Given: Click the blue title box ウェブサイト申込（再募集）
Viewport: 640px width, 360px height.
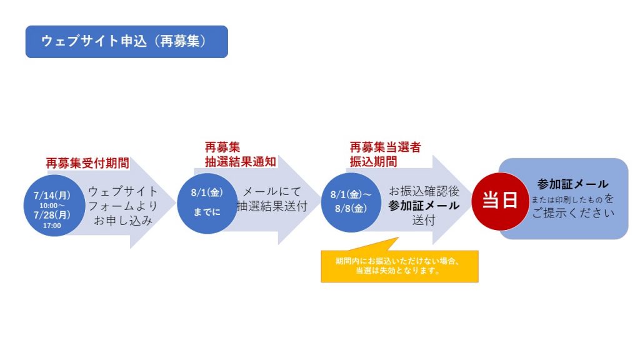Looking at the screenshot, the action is click(x=126, y=42).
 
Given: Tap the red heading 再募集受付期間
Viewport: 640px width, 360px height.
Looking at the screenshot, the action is click(x=87, y=163).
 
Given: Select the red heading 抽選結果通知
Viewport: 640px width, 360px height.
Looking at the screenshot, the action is click(x=241, y=162).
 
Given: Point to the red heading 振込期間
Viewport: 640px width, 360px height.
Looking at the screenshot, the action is click(x=373, y=162).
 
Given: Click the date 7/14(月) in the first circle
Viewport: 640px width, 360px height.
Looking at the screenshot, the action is click(x=52, y=196).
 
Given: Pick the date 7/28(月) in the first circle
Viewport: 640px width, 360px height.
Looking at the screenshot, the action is click(x=52, y=215).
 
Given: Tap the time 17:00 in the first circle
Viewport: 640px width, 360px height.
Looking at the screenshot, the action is click(x=52, y=226).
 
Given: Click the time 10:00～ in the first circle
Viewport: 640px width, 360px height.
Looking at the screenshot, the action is click(x=52, y=206).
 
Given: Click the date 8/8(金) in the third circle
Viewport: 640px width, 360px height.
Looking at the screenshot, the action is click(x=351, y=209).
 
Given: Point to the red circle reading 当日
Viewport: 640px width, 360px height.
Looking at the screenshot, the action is click(x=500, y=201).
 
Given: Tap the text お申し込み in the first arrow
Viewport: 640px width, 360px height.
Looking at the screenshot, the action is click(x=123, y=221).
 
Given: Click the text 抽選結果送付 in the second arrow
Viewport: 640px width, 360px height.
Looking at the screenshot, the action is click(x=272, y=206).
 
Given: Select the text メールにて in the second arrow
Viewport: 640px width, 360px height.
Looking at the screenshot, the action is click(x=272, y=191).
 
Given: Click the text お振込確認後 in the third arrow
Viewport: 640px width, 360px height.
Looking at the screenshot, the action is click(x=424, y=191).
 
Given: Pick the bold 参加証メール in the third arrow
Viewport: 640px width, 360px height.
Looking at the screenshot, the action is click(x=424, y=206).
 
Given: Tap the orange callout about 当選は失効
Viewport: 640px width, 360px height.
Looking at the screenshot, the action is click(x=399, y=266).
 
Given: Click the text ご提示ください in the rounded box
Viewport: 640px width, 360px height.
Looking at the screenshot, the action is click(x=573, y=213).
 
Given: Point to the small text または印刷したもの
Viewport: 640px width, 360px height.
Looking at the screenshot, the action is click(x=566, y=200).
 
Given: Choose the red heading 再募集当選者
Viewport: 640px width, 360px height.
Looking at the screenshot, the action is click(x=385, y=147).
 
